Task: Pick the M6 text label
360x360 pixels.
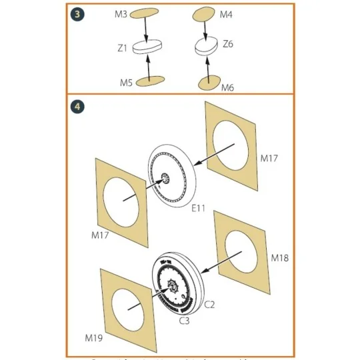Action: (227, 87)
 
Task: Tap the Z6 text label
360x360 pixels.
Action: (227, 44)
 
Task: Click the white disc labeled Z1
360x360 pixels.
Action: (149, 48)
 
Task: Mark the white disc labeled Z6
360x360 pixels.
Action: (206, 47)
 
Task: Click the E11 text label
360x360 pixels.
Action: (199, 209)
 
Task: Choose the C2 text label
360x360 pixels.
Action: (208, 305)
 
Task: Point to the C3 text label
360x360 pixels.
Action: (183, 320)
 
